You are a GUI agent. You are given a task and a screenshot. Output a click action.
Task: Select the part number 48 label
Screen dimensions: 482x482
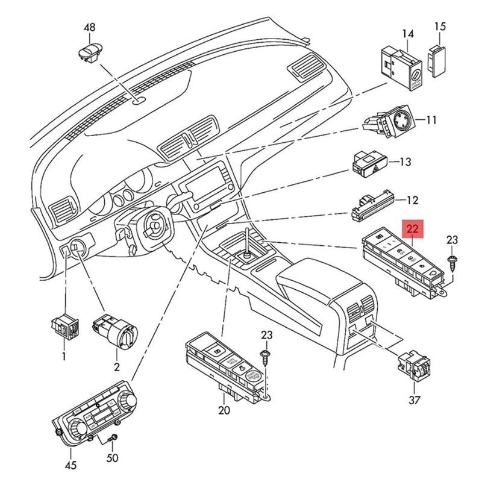click(x=89, y=27)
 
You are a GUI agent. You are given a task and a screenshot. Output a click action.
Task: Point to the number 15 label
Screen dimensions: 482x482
click(x=440, y=27)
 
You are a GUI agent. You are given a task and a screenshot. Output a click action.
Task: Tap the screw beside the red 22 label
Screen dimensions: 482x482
click(x=452, y=260)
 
